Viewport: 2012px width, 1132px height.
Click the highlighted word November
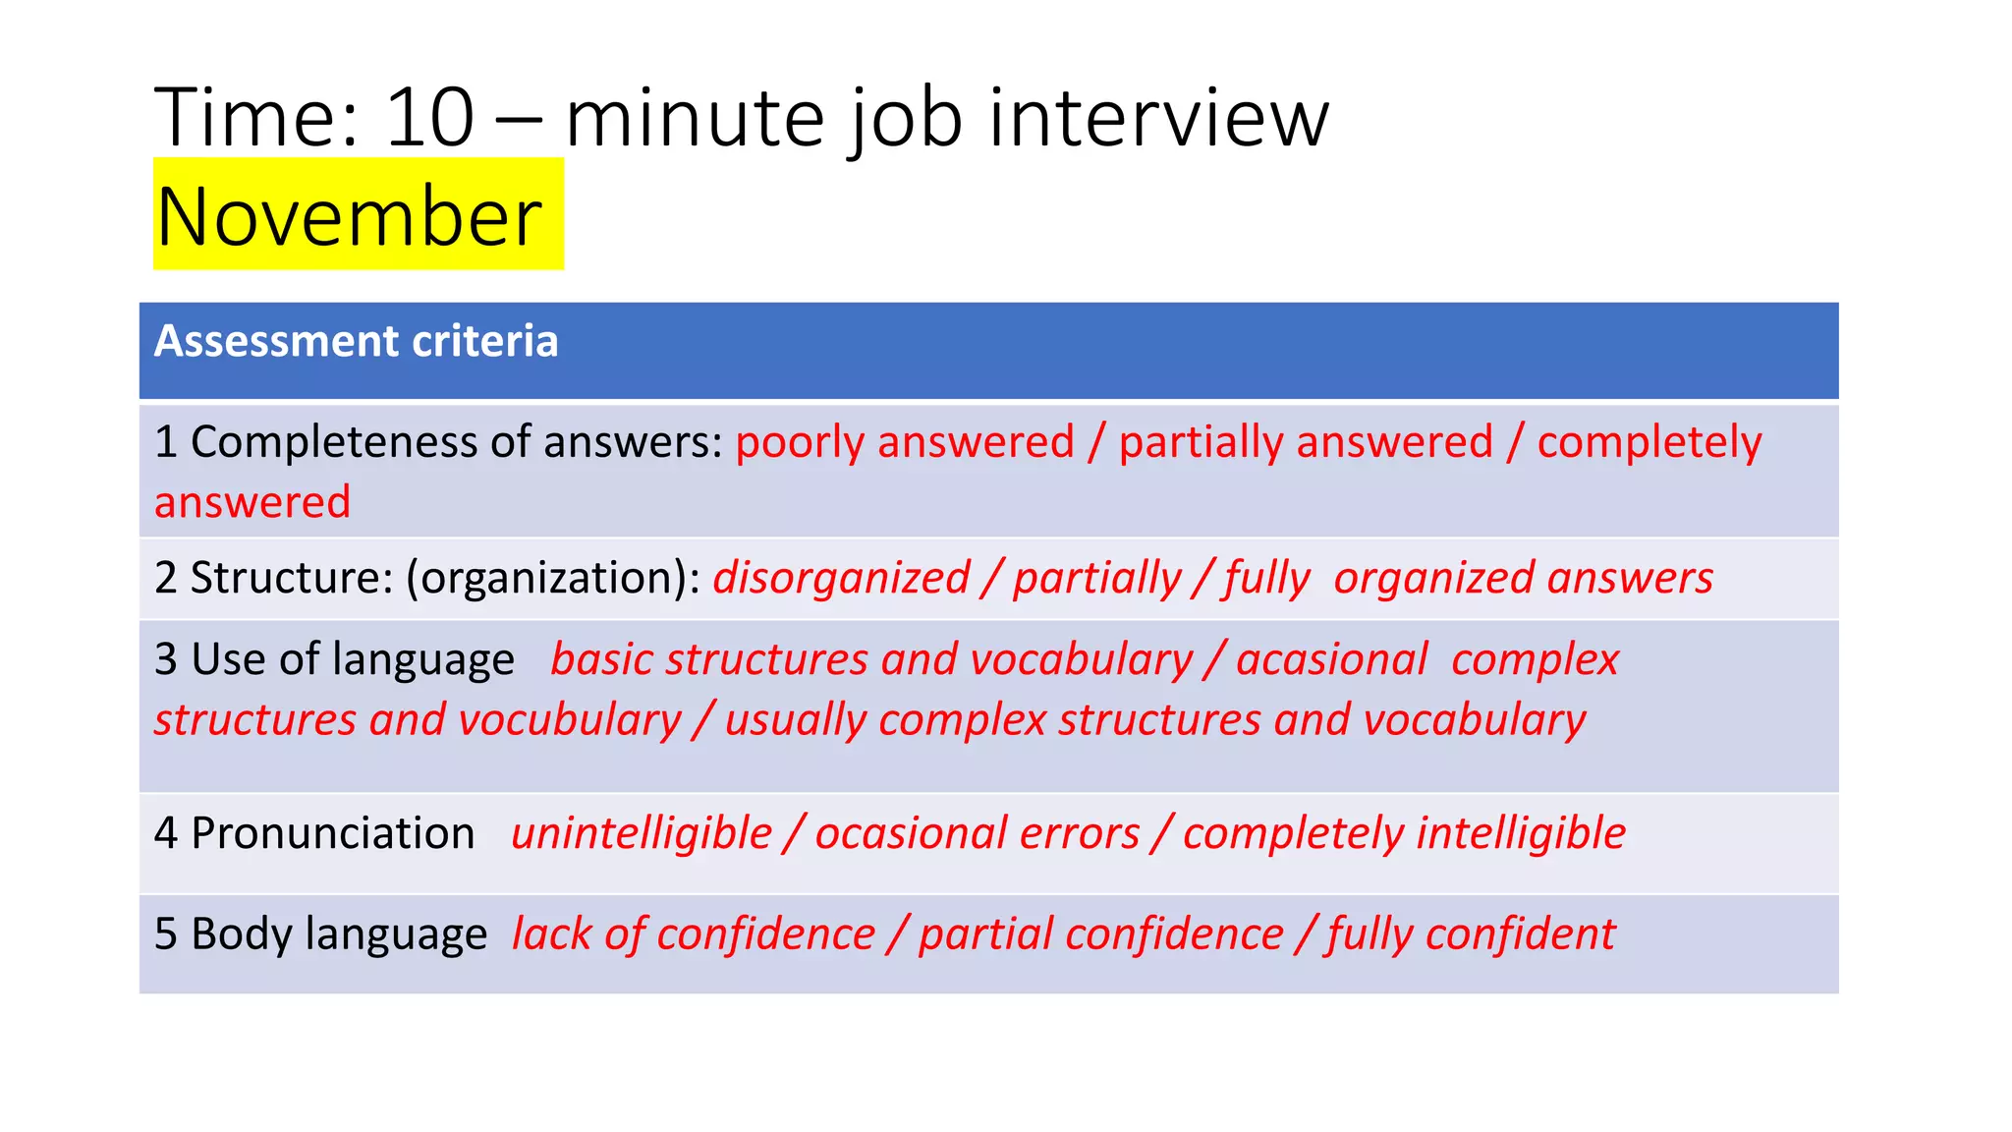tap(349, 216)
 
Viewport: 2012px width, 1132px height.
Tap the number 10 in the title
tap(430, 118)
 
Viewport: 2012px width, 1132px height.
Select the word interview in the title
tap(1158, 118)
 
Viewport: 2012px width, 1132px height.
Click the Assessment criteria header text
tap(356, 341)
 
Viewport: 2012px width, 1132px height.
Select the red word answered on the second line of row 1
tap(252, 502)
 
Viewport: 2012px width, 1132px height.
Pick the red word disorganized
tap(841, 578)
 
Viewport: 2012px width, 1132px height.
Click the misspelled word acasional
tap(1331, 659)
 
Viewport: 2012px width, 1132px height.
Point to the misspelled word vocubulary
tap(570, 720)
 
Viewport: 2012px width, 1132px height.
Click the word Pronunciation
tap(332, 833)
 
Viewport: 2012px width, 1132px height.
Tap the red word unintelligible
tap(642, 833)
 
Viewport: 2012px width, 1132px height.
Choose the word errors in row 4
tap(1080, 833)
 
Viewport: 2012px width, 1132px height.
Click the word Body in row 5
tap(241, 934)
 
